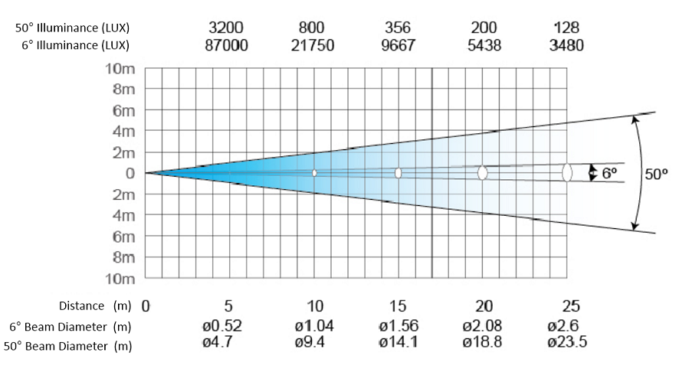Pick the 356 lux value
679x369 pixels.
tap(398, 28)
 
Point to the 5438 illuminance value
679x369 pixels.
tap(484, 45)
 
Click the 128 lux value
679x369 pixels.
tap(566, 28)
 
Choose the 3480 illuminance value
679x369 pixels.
tap(566, 45)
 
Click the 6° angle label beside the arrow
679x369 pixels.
tap(609, 173)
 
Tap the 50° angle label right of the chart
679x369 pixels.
tap(656, 174)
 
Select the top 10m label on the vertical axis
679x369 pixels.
tap(120, 69)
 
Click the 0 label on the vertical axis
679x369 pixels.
tap(130, 173)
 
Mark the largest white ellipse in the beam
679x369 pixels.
tap(566, 172)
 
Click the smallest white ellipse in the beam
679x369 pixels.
tap(314, 173)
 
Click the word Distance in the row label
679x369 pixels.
tap(83, 306)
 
